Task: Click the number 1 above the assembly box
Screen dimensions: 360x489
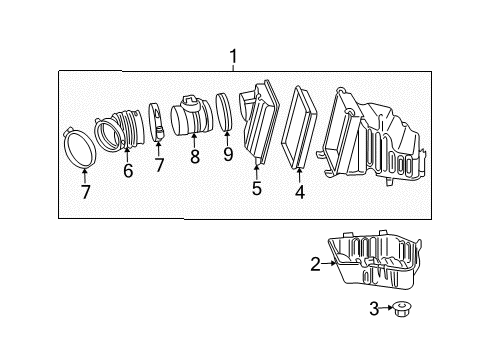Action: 233,57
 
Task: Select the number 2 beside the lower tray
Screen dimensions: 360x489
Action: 315,265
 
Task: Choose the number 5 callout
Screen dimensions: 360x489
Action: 257,186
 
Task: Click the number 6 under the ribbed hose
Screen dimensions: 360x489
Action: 128,171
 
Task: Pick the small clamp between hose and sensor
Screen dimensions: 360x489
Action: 158,122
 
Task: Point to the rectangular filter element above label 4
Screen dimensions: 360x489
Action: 299,130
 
